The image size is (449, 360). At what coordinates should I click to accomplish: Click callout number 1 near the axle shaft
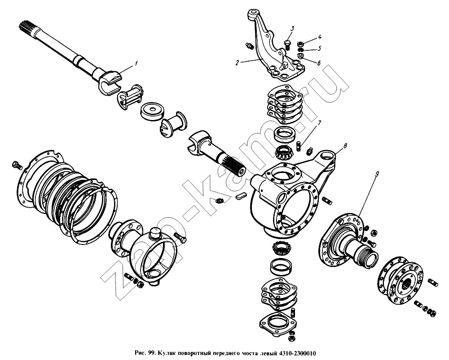point(136,63)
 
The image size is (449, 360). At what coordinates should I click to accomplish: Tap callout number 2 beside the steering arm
point(237,63)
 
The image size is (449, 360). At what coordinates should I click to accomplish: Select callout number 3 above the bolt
point(292,28)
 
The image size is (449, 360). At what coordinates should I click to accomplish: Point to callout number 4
point(320,37)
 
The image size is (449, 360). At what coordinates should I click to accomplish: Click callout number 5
point(320,49)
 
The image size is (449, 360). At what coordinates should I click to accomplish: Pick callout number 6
point(319,63)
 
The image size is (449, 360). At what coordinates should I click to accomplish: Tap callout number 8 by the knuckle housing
point(345,146)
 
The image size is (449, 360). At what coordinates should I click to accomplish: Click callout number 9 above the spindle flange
point(377,174)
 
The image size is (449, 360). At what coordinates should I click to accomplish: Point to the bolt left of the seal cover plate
point(17,165)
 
